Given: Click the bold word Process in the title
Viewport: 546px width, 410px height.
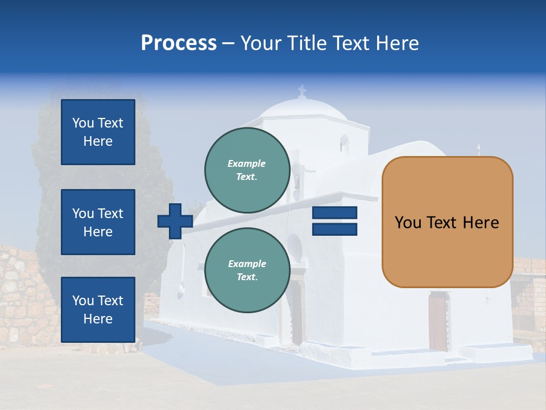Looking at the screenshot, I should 179,43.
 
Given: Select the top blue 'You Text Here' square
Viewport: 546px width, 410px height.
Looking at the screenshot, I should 98,132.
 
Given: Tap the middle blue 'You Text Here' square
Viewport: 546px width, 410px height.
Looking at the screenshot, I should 98,222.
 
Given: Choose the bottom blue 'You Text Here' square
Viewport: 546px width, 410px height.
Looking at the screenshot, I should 98,310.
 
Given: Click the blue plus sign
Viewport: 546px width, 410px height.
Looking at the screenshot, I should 175,221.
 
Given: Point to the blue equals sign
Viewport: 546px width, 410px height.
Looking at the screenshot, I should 334,221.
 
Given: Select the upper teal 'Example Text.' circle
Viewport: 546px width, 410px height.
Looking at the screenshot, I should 247,170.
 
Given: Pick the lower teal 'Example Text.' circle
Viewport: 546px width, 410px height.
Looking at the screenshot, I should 247,270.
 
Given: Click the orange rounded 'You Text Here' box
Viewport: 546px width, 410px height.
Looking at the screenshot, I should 447,222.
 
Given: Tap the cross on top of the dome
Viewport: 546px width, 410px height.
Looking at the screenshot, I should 302,91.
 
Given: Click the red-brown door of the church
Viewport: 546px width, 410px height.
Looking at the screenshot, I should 437,321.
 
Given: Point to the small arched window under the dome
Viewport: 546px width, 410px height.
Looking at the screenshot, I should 344,143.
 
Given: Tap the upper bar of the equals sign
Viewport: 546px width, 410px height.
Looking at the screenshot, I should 334,213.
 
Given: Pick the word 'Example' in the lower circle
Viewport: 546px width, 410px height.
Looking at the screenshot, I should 247,264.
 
